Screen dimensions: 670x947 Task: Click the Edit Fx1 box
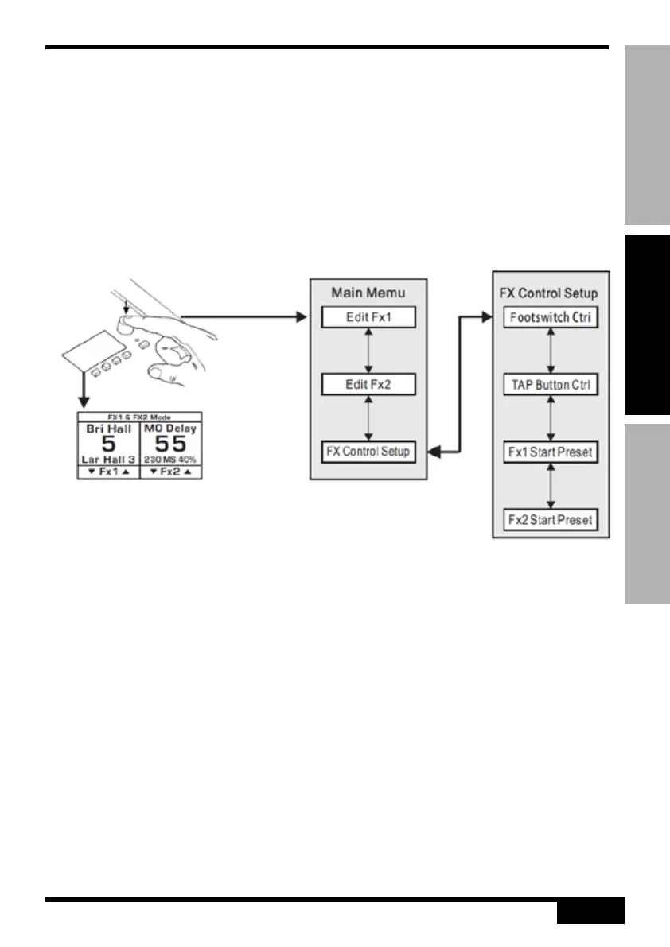(368, 318)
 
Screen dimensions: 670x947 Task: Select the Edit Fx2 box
(368, 385)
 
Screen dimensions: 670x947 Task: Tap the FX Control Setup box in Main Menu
(368, 452)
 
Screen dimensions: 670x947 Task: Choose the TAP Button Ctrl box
(551, 385)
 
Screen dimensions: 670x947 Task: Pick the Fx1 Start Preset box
(551, 452)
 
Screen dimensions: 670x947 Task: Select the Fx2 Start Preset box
(551, 519)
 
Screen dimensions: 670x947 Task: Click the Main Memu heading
(368, 293)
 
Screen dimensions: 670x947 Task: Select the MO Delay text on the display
(170, 428)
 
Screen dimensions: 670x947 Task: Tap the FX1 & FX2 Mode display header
(139, 417)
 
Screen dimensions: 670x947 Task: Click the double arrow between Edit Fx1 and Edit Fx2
(368, 351)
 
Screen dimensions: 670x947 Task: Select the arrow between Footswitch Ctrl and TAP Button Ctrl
(551, 351)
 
